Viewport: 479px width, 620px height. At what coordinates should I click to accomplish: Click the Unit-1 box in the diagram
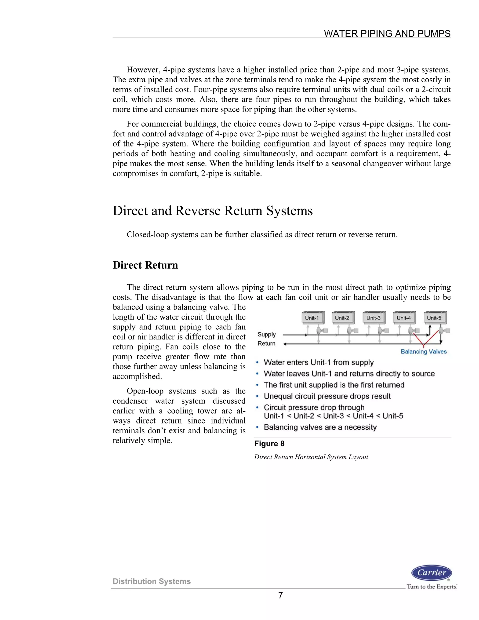coord(312,318)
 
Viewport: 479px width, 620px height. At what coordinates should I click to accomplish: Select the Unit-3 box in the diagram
coord(374,318)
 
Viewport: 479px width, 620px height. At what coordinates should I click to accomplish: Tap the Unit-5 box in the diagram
coord(435,318)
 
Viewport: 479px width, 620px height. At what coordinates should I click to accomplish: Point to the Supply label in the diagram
coord(266,334)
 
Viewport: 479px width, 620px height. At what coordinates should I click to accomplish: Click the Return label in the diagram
coord(266,343)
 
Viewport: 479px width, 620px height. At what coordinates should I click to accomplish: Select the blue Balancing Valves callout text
coord(423,351)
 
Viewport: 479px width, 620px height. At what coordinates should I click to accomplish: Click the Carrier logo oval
coord(431,573)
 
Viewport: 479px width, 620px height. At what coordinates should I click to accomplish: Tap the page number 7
coord(280,595)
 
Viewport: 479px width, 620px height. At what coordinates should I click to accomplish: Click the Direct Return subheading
coord(145,265)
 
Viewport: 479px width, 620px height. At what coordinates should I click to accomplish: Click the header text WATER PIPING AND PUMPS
coord(387,33)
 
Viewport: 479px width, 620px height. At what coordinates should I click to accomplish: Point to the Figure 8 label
coord(269,444)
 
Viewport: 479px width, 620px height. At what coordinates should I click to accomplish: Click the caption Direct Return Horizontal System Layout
coord(311,457)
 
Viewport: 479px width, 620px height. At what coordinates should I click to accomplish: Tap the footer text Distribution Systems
coord(152,581)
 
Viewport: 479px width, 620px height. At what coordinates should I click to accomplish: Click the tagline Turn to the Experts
coord(431,587)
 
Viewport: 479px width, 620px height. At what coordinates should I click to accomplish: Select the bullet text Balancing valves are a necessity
coord(320,427)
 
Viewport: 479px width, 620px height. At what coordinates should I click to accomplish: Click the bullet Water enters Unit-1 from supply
coord(319,362)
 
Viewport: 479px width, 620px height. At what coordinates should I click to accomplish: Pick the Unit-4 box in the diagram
coord(404,318)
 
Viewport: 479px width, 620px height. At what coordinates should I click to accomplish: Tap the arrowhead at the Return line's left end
coord(285,344)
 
